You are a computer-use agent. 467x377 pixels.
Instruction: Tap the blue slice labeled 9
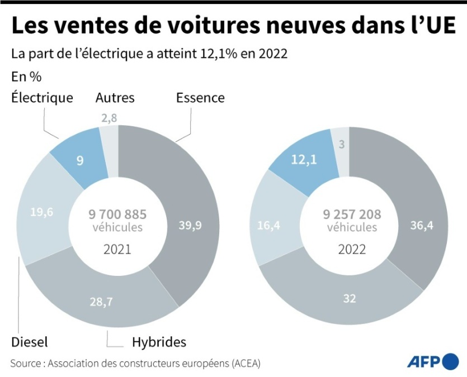click(x=80, y=160)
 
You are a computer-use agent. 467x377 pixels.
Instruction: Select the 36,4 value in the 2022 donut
click(x=413, y=226)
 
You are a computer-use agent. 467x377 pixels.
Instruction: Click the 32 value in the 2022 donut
click(x=350, y=298)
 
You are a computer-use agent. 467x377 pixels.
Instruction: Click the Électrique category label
click(x=42, y=98)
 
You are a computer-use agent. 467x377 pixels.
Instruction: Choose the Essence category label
click(x=200, y=98)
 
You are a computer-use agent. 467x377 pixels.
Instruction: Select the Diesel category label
click(x=29, y=342)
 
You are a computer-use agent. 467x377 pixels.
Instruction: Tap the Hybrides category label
click(x=159, y=342)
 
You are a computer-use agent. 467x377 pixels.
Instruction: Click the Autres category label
click(x=115, y=98)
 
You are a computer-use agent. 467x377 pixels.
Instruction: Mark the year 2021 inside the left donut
click(x=117, y=249)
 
